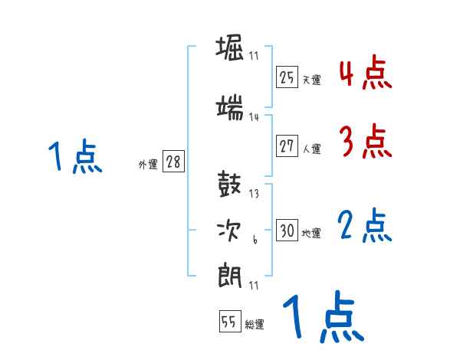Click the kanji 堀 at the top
click(231, 51)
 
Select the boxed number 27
click(287, 146)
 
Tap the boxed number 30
click(287, 231)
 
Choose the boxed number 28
click(173, 162)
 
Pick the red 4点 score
click(366, 73)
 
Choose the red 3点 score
click(366, 142)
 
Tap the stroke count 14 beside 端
click(254, 117)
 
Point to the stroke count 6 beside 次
click(254, 240)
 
